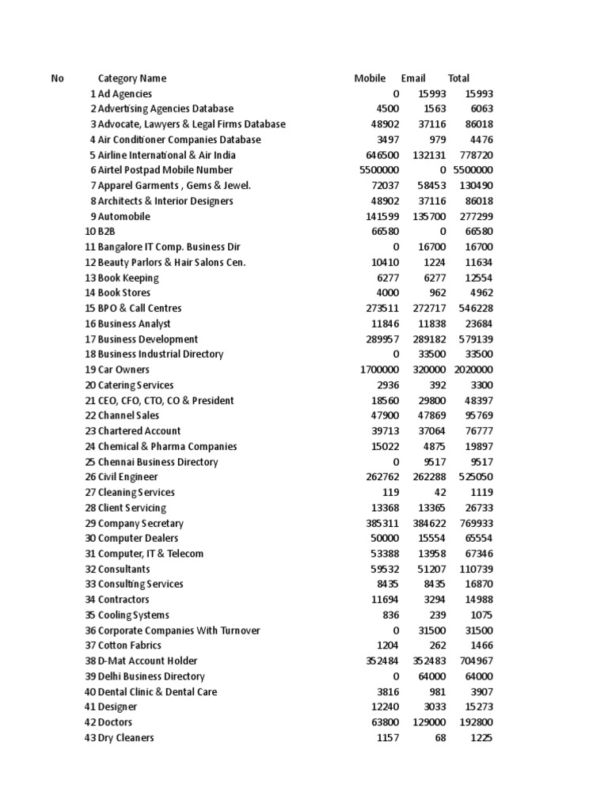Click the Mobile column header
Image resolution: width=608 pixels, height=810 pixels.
coord(370,78)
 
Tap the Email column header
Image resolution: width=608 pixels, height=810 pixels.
coord(413,78)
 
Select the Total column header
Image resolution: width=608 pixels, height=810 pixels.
coord(458,78)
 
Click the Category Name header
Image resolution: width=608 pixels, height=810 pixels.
coord(132,78)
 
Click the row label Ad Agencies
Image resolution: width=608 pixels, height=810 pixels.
coord(125,93)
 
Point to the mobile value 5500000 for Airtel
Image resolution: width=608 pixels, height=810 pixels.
coord(379,170)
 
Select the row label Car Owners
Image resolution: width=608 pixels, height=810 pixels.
coord(123,369)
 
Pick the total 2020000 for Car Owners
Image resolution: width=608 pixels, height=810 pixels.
coord(473,369)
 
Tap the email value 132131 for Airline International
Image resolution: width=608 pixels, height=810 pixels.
coord(430,155)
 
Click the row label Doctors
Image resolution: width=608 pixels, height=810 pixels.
coord(115,722)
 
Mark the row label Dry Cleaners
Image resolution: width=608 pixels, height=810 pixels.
coord(126,738)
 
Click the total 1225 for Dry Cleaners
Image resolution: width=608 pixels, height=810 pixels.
coord(481,738)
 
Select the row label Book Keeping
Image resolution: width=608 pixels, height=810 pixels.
coord(128,278)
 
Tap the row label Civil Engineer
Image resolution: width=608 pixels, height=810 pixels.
coord(127,477)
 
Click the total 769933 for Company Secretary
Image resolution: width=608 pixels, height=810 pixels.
coord(476,524)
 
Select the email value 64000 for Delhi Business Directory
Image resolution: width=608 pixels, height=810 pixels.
coord(432,676)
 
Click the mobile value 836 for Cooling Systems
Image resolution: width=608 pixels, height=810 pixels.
coord(391,615)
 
